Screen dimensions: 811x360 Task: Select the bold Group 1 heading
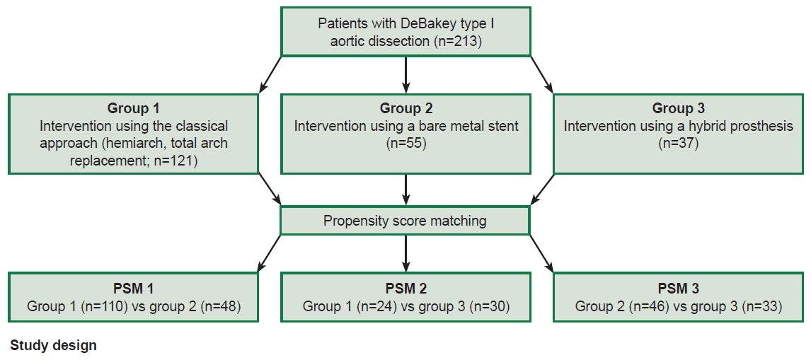[x=133, y=109]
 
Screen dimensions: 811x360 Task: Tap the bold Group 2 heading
[x=406, y=109]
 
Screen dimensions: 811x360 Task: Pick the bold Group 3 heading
[x=678, y=109]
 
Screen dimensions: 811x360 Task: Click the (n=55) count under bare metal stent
[x=406, y=144]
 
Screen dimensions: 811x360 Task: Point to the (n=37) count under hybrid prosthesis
[x=678, y=144]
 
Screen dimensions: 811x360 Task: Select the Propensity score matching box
[x=405, y=221]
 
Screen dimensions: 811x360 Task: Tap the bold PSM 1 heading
[x=133, y=288]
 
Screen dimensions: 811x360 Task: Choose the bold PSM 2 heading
[x=406, y=288]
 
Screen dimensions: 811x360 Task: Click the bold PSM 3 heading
[x=678, y=288]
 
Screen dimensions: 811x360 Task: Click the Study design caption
[x=53, y=346]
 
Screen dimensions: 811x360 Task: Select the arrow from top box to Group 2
[x=406, y=74]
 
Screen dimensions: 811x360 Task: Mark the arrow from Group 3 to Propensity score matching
[x=542, y=189]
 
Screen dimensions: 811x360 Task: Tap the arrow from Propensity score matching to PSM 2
[x=406, y=253]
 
